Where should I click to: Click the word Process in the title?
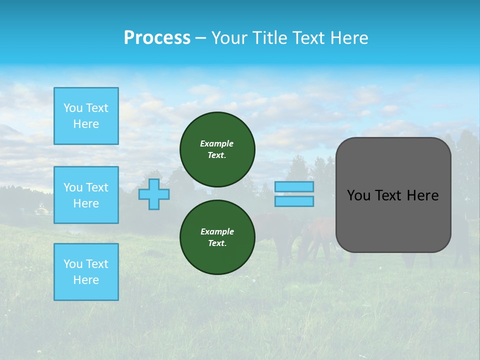click(157, 37)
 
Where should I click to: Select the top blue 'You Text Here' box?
click(86, 116)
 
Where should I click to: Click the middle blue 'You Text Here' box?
click(86, 195)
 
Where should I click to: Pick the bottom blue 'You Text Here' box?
click(86, 272)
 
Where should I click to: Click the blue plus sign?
click(154, 194)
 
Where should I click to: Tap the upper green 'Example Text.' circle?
click(217, 149)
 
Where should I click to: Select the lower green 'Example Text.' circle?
click(217, 237)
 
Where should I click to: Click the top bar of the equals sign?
click(294, 186)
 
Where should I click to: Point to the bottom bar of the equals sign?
click(294, 201)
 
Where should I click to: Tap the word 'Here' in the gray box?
click(422, 195)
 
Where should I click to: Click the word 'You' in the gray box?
click(358, 195)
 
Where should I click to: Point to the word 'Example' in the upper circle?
click(217, 143)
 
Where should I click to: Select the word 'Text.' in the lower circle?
click(217, 243)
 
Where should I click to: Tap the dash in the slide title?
click(200, 38)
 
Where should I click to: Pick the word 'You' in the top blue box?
click(73, 108)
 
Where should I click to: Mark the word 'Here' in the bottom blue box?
click(86, 280)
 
